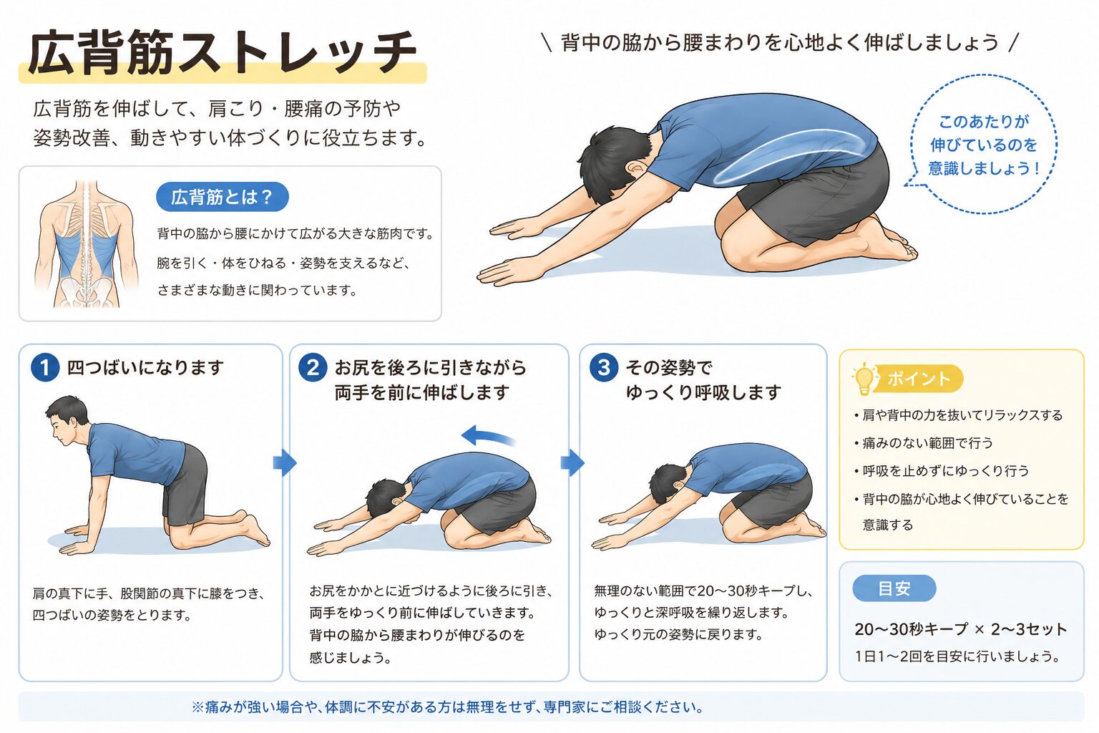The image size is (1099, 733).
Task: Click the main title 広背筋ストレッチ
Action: coord(223,53)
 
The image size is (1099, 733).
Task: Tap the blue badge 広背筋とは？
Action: coord(223,197)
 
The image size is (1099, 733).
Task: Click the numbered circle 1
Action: coord(44,368)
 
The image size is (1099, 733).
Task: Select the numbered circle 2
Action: coord(313,368)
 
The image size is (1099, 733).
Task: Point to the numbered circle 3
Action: coord(603,368)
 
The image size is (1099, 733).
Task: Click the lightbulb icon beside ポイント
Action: coord(864,379)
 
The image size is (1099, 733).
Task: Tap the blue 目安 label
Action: coord(894,588)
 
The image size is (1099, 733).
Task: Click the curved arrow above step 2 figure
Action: coord(487,435)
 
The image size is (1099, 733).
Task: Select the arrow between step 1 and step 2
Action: coord(285,462)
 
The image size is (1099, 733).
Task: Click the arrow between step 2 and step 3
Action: coord(572,462)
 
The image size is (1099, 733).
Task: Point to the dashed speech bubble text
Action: coord(983,145)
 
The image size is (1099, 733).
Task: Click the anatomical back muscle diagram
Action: coord(86,244)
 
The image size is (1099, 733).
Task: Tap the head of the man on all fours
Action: coord(67,419)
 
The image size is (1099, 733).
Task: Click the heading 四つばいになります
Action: coord(145,368)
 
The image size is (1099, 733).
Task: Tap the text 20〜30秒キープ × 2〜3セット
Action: coord(961,629)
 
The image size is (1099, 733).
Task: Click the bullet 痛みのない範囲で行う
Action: coord(923,443)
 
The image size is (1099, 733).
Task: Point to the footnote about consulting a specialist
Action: coord(447,707)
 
